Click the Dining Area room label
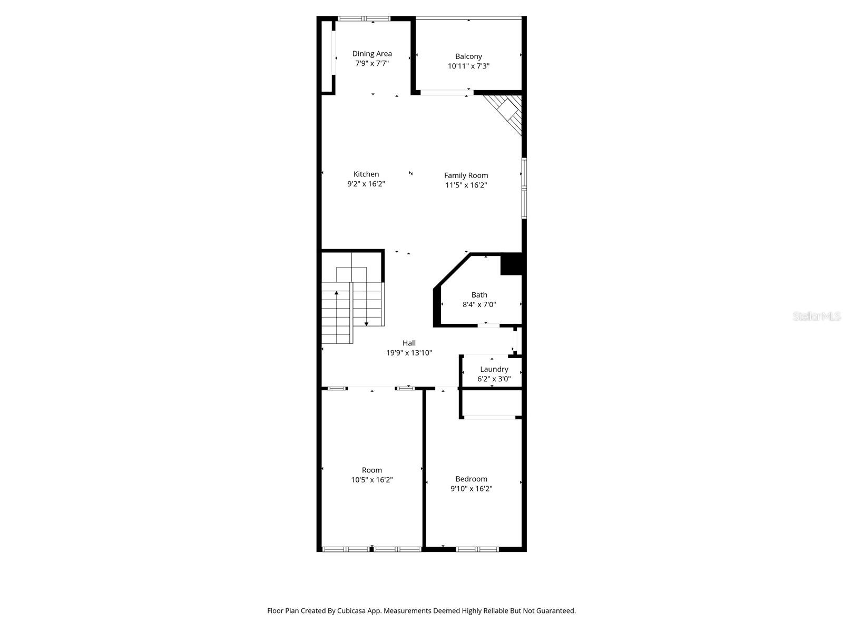coord(372,54)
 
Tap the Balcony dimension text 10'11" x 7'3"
coord(468,66)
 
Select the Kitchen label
coord(366,174)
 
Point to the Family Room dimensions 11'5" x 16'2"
coord(466,185)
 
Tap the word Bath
coord(479,295)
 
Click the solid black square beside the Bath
coord(511,264)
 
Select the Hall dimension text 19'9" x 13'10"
coord(409,353)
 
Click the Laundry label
coord(494,369)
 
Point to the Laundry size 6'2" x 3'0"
coord(494,379)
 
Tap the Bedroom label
coord(471,479)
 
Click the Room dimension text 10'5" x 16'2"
coord(372,480)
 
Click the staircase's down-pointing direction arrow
coord(366,323)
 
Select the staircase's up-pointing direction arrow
coord(336,292)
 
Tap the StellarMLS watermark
coord(817,316)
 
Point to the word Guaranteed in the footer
coord(556,611)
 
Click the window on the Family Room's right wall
coord(524,188)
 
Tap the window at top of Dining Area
coord(364,18)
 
